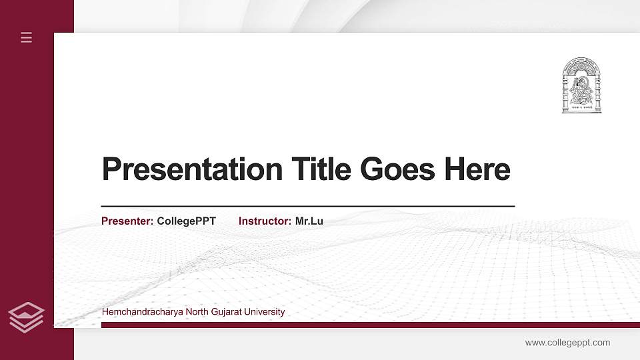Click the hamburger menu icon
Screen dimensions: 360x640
[27, 37]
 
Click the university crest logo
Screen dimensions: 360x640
[581, 85]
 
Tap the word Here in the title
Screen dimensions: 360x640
[477, 169]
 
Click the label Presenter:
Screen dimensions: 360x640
[127, 221]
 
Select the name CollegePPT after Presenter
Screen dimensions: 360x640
[187, 221]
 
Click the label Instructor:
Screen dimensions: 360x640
[265, 221]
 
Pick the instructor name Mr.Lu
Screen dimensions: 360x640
[309, 221]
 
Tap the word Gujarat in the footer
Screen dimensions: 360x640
[226, 311]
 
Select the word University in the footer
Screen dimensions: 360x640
[266, 311]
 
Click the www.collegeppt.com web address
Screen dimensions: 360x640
[567, 343]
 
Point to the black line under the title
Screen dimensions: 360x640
[307, 207]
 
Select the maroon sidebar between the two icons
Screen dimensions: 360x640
[37, 173]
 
